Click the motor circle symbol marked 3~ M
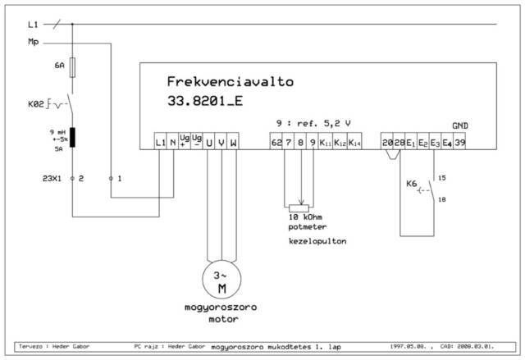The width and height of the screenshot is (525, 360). pyautogui.click(x=221, y=280)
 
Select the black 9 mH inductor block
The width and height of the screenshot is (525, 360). pyautogui.click(x=74, y=137)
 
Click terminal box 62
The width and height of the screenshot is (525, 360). pyautogui.click(x=276, y=144)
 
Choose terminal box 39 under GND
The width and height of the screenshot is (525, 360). pyautogui.click(x=460, y=144)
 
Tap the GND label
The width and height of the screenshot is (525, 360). pyautogui.click(x=460, y=125)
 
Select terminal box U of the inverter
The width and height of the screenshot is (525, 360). pyautogui.click(x=209, y=144)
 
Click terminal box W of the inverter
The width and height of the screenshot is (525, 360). pyautogui.click(x=234, y=144)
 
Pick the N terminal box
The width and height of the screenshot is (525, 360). pyautogui.click(x=173, y=144)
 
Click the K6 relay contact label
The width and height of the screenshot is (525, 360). pyautogui.click(x=410, y=185)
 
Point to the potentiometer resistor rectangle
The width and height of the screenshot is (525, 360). pyautogui.click(x=301, y=208)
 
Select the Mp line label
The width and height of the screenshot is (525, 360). pyautogui.click(x=33, y=41)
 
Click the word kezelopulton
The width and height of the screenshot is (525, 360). pyautogui.click(x=315, y=243)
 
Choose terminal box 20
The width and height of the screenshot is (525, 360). pyautogui.click(x=387, y=144)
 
